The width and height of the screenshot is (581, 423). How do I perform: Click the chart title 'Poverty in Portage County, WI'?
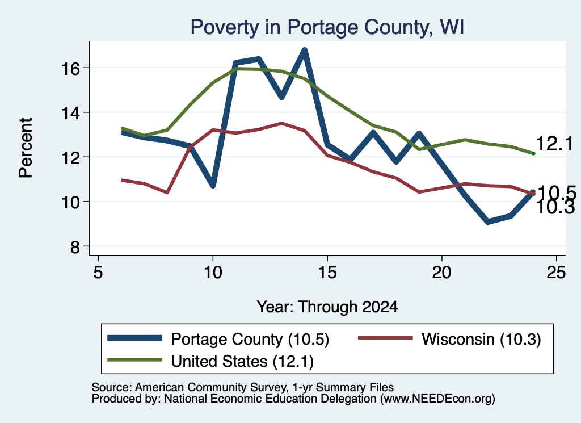(x=327, y=27)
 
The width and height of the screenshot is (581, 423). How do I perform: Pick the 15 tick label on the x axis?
(x=327, y=273)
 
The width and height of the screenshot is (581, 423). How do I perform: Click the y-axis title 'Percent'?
(x=26, y=148)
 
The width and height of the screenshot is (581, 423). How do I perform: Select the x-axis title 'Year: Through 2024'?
(x=327, y=307)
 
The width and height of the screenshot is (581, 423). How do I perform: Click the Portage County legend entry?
(x=218, y=339)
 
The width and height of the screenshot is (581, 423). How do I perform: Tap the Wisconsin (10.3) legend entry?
(x=449, y=339)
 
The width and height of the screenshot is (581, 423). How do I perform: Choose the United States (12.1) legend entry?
(x=210, y=361)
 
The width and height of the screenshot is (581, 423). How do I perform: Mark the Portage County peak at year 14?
(x=305, y=50)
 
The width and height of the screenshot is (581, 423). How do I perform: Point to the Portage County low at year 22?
(x=487, y=221)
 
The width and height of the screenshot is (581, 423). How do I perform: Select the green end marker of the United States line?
(x=533, y=153)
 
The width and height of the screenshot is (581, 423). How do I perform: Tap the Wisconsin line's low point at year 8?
(x=167, y=192)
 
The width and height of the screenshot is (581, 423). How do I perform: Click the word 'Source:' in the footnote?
(x=112, y=387)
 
